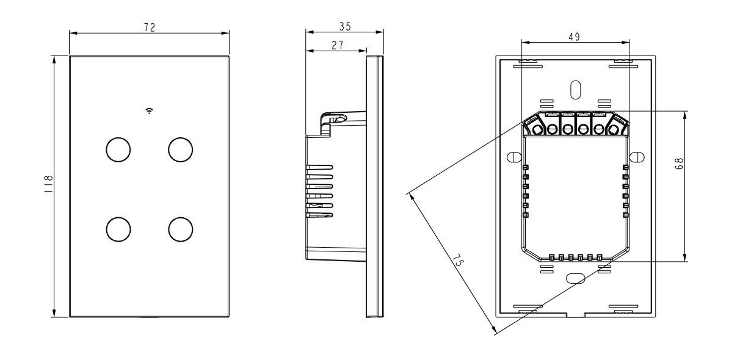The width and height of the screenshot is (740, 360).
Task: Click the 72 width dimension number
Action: tap(149, 27)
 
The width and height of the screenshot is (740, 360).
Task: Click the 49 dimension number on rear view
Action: tap(574, 36)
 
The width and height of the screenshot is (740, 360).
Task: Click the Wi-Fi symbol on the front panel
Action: tap(149, 110)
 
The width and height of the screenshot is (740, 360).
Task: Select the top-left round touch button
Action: tap(118, 149)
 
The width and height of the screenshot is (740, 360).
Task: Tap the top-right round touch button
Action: tap(181, 149)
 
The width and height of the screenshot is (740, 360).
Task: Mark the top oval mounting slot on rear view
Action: tap(575, 88)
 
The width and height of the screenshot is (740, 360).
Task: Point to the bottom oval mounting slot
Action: tap(575, 278)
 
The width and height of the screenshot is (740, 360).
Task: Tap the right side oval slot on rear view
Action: tap(637, 157)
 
